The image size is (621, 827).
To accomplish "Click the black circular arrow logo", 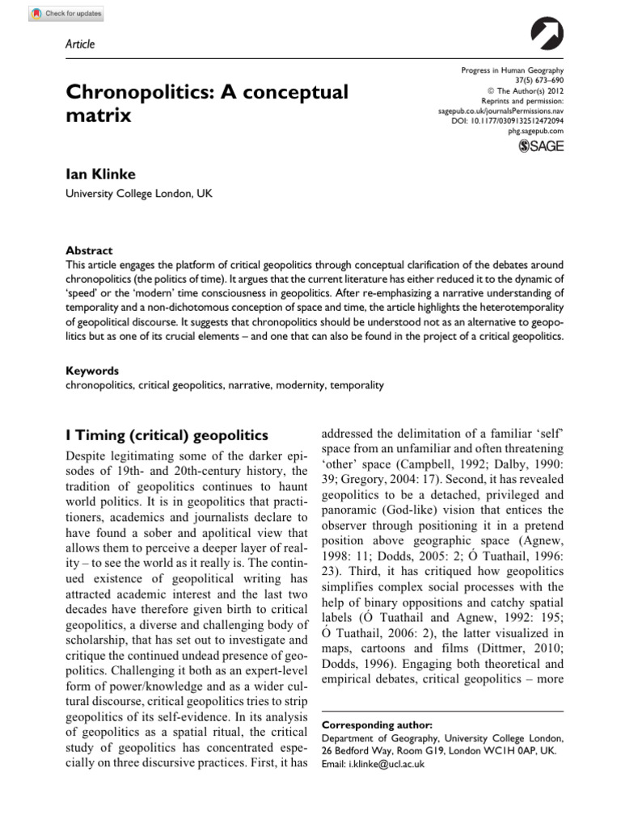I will pos(547,36).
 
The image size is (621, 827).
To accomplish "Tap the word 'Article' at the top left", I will pos(79,44).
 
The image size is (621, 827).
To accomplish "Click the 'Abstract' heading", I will pos(89,250).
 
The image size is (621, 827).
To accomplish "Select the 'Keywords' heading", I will pos(91,371).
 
